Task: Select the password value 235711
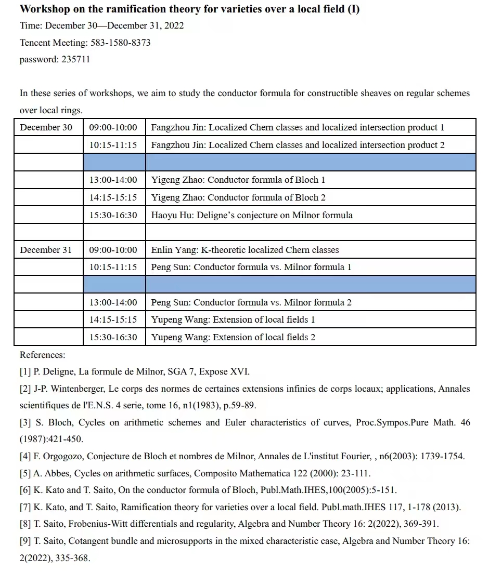75,59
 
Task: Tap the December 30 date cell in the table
46,127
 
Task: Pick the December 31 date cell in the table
46,250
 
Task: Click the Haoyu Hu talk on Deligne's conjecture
252,215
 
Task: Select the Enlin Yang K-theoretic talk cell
244,250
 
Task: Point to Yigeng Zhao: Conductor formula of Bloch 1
238,180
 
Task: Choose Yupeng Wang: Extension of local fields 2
233,337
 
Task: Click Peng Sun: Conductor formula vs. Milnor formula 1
251,267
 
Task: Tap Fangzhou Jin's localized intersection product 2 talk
298,145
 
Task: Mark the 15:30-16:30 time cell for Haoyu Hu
113,215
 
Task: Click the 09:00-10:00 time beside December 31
113,250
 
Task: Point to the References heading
43,355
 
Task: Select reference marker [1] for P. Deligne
25,372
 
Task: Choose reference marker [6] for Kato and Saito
25,490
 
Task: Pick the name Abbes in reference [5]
55,474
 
